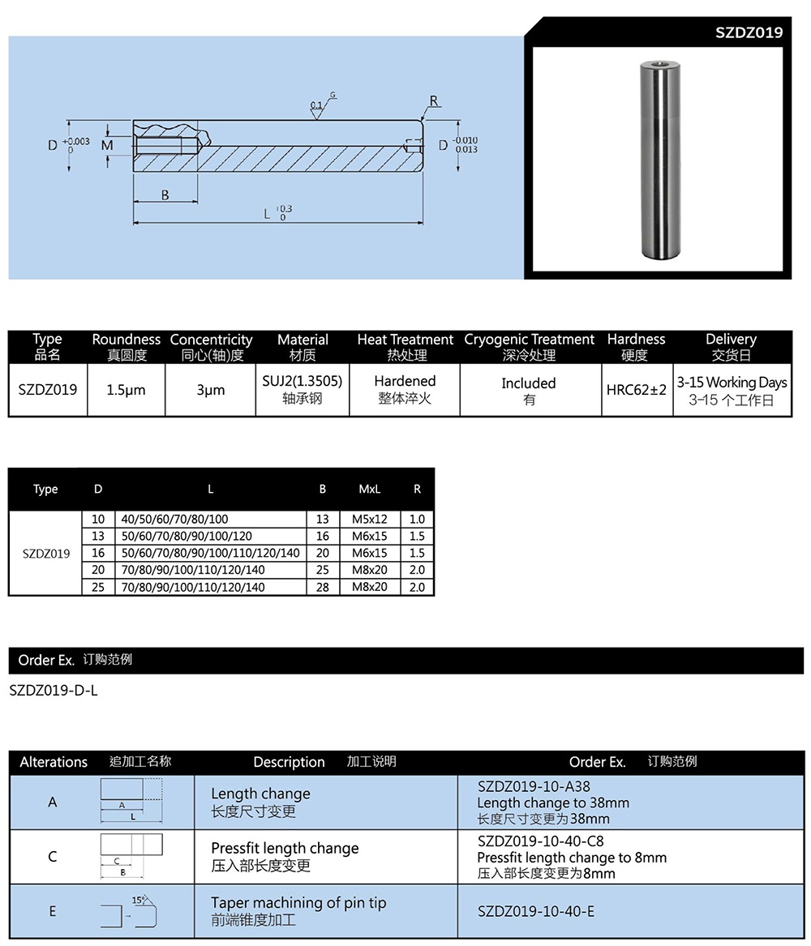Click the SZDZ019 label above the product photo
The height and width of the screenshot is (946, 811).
pos(749,32)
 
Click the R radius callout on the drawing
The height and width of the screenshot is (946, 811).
pos(434,101)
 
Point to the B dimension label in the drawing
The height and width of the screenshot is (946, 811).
pos(165,195)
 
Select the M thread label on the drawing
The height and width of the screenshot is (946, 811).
pos(107,144)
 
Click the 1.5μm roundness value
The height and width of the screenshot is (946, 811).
pos(126,390)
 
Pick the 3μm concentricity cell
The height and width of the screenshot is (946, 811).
pos(210,390)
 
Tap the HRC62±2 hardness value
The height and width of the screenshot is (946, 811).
pos(636,390)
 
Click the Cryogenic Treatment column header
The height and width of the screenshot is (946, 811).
pos(529,346)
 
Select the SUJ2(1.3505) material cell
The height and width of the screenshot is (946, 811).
pos(303,389)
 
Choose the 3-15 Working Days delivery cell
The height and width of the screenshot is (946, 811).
pos(732,390)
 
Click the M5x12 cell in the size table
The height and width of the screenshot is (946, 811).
pos(369,519)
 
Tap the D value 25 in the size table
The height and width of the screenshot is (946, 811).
pos(98,587)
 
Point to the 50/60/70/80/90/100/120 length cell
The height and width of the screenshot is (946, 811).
pos(187,536)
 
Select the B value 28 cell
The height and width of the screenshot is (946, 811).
pos(323,587)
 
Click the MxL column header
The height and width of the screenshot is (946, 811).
pos(369,489)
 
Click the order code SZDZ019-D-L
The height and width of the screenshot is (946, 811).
pos(54,691)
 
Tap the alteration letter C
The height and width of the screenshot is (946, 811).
pos(53,856)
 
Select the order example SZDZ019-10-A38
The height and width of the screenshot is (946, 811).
pos(534,786)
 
